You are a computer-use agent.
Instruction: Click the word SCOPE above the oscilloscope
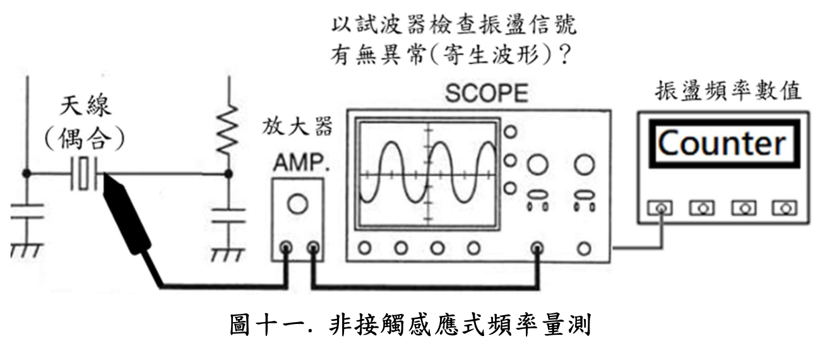486,94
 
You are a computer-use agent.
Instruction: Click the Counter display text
722,144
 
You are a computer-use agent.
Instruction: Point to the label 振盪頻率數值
728,92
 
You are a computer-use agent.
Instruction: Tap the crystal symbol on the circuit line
85,174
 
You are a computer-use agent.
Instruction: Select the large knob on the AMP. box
297,203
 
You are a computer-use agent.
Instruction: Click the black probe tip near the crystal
126,212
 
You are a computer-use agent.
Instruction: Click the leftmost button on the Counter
660,208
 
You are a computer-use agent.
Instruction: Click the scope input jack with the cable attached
537,248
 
